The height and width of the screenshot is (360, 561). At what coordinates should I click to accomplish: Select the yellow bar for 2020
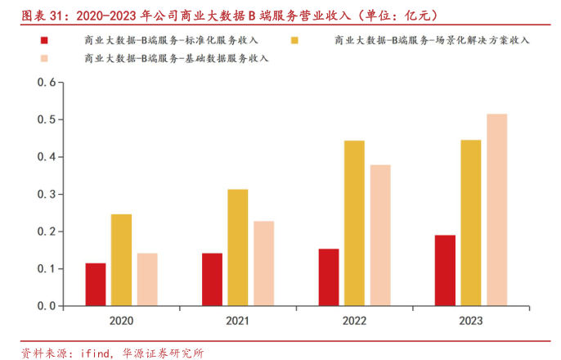[121, 260]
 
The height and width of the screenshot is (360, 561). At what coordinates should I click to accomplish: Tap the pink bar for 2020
[147, 280]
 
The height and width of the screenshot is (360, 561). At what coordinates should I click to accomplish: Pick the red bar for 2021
[212, 280]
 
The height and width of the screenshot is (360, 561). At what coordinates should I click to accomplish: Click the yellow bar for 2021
[238, 248]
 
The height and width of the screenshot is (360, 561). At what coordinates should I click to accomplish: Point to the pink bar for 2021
[263, 263]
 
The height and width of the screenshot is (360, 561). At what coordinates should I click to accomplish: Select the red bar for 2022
[329, 277]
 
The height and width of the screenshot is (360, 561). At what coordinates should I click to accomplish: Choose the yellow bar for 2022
[354, 223]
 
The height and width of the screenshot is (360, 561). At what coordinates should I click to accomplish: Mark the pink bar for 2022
[380, 236]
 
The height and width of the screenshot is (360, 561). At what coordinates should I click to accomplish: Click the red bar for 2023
[445, 271]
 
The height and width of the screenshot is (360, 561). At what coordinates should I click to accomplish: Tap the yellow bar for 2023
[471, 223]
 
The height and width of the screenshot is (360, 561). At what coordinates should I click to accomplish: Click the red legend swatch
[44, 40]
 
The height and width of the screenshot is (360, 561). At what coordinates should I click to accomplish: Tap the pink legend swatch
[44, 58]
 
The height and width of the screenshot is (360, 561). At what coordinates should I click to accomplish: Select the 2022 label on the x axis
[354, 320]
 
